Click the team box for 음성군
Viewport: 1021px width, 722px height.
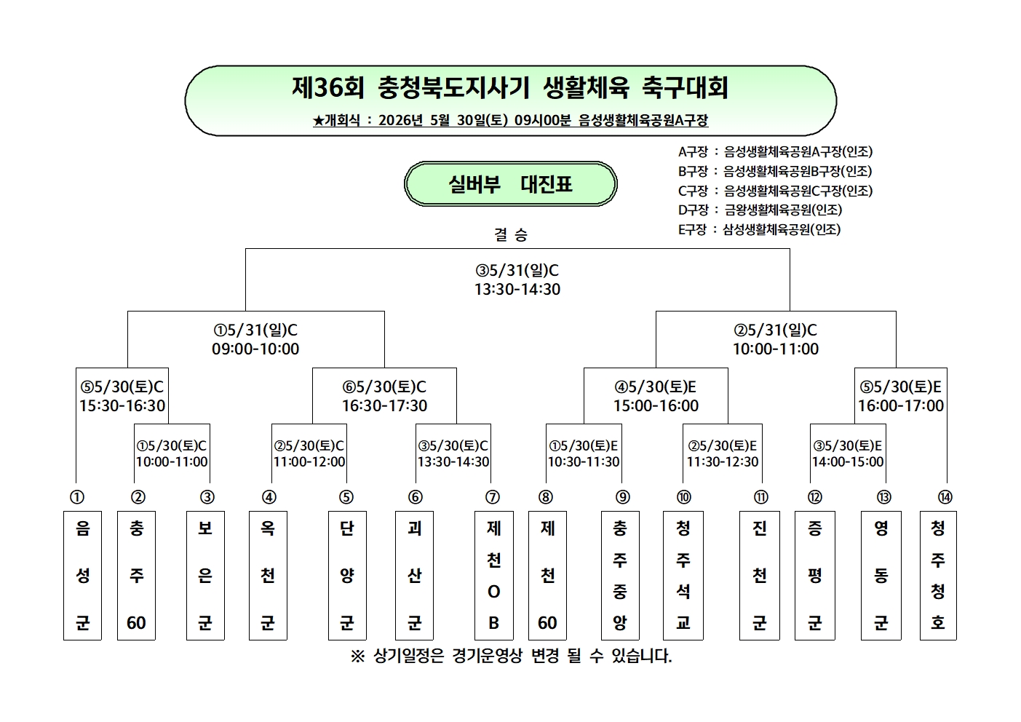(x=82, y=575)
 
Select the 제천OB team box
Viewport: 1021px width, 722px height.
(x=494, y=575)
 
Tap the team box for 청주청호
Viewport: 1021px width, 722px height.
(x=938, y=575)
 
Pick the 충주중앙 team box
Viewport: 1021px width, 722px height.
(x=620, y=575)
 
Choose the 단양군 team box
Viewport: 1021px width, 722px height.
(x=347, y=575)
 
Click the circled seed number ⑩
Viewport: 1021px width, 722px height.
(x=684, y=497)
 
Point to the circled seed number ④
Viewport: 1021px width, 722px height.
(x=269, y=497)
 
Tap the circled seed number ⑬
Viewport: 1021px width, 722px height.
(x=883, y=497)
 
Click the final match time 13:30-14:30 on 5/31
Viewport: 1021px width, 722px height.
(x=517, y=290)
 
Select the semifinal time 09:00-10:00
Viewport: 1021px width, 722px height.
(x=255, y=349)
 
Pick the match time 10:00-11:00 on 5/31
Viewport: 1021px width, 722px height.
(x=776, y=349)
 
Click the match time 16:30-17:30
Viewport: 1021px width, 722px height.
(x=385, y=405)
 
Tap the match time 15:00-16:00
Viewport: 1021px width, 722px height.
(x=656, y=405)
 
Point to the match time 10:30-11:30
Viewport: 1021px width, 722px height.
(x=584, y=461)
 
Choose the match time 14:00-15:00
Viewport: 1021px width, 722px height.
(x=848, y=461)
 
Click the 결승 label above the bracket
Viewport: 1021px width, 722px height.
(x=511, y=235)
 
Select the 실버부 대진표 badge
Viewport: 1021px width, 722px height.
(x=511, y=183)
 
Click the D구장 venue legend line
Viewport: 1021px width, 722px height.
(x=760, y=210)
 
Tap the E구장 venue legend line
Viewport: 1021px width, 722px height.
(x=759, y=229)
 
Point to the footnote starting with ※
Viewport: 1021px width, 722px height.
(x=511, y=656)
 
